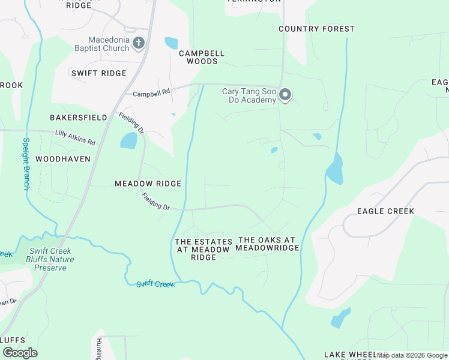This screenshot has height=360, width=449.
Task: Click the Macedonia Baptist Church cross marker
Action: pyautogui.click(x=139, y=43)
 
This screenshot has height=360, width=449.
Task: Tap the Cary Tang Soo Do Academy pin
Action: pyautogui.click(x=286, y=95)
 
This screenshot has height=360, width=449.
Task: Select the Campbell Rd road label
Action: pyautogui.click(x=152, y=94)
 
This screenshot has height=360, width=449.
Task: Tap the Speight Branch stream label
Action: pyautogui.click(x=26, y=164)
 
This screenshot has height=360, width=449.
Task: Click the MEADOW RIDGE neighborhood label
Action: pyautogui.click(x=148, y=184)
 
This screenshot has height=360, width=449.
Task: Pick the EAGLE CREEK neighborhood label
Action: pyautogui.click(x=385, y=211)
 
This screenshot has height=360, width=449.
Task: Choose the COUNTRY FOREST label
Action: pyautogui.click(x=316, y=29)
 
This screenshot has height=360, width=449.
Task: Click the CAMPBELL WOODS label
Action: pyautogui.click(x=202, y=57)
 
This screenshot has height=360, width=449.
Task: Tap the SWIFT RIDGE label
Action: pyautogui.click(x=98, y=73)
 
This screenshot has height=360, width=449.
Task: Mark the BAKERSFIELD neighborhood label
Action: pyautogui.click(x=79, y=118)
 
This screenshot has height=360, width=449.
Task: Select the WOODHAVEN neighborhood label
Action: pyautogui.click(x=62, y=159)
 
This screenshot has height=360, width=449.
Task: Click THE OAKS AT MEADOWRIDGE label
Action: pyautogui.click(x=267, y=244)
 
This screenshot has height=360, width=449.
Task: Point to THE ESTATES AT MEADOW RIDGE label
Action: pyautogui.click(x=202, y=249)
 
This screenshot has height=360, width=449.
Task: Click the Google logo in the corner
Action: pyautogui.click(x=20, y=353)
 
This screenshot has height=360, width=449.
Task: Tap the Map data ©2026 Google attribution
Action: pyautogui.click(x=412, y=355)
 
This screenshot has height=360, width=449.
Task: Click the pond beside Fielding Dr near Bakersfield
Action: pyautogui.click(x=128, y=141)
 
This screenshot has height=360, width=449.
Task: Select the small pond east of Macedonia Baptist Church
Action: pyautogui.click(x=171, y=43)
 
